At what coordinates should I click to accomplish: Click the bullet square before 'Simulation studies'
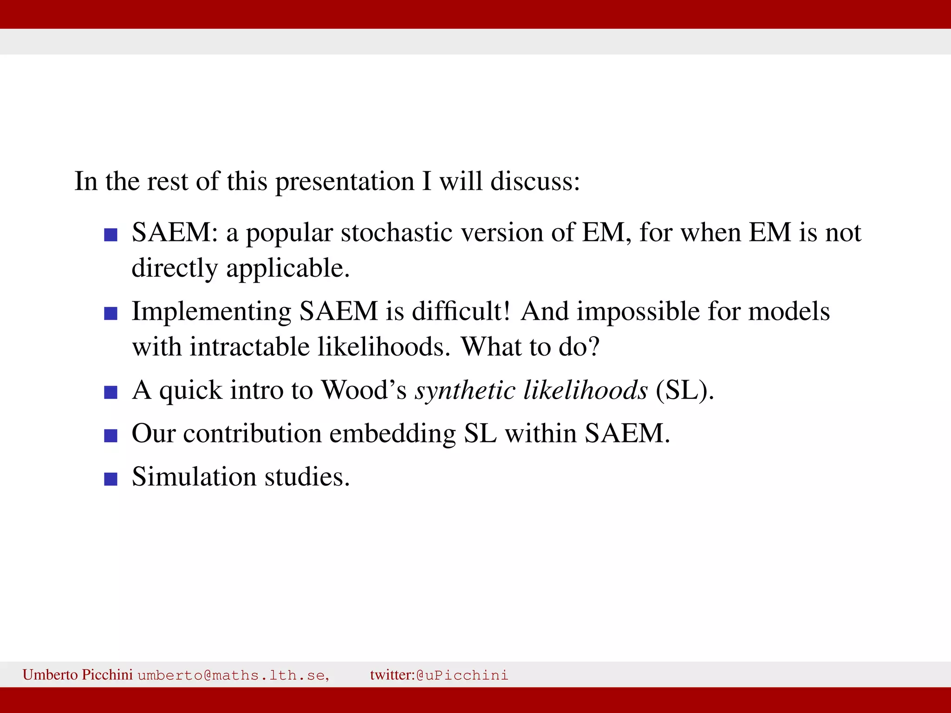[111, 479]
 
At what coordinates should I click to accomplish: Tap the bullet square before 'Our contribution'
[111, 435]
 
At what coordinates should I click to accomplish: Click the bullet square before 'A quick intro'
[111, 392]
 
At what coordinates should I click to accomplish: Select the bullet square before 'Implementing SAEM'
[111, 313]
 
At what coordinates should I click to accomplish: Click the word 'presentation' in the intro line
[345, 182]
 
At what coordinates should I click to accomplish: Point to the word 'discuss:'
[535, 181]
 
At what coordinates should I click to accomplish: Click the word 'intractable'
[249, 347]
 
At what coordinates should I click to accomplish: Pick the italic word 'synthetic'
[465, 390]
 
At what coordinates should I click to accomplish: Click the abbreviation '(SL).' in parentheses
[685, 390]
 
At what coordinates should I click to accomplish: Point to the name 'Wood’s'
[364, 390]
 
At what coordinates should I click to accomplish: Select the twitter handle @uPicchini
[462, 675]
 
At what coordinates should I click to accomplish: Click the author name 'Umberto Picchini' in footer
[78, 674]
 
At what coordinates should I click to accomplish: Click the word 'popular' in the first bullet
[289, 233]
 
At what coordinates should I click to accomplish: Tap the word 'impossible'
[638, 311]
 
